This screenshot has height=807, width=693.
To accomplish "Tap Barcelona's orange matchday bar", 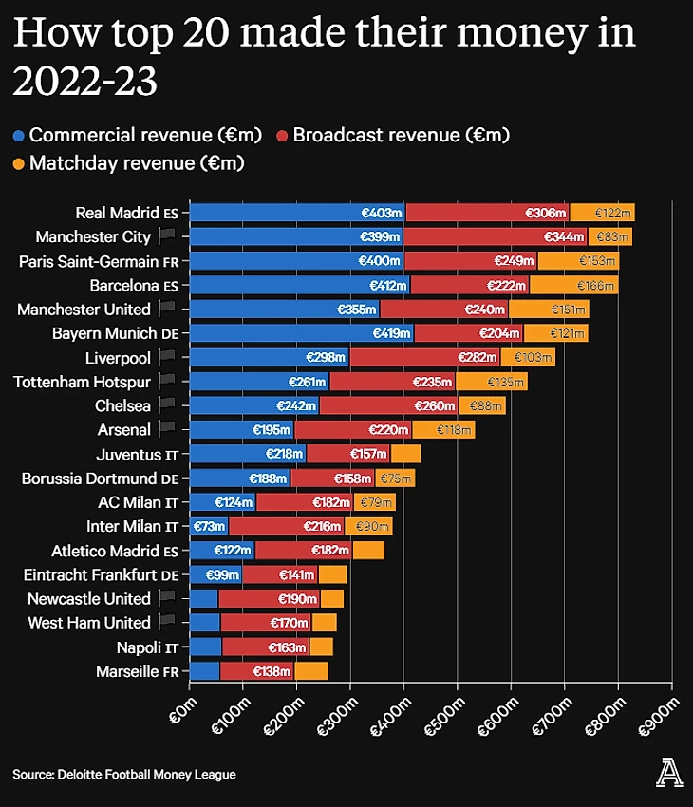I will [573, 285].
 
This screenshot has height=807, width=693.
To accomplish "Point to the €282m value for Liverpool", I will [478, 358].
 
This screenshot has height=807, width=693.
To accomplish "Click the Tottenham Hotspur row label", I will [82, 382].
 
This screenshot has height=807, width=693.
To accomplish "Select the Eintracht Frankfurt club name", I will [90, 574].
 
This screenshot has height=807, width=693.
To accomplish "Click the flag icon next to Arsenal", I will [167, 429].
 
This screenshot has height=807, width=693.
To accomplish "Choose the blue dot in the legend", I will [19, 136].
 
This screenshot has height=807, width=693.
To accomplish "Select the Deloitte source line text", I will [123, 775].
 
